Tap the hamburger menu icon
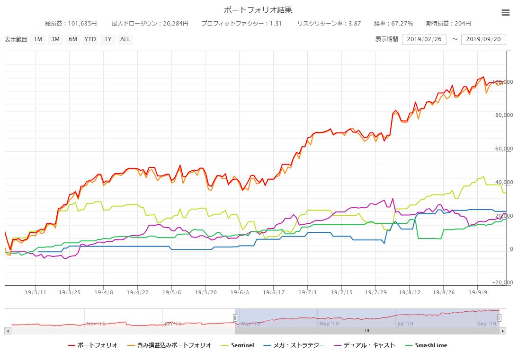point(506,13)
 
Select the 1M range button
point(38,39)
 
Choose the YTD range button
point(90,39)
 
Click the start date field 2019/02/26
point(424,39)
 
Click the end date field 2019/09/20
point(483,39)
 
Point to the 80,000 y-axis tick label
point(502,115)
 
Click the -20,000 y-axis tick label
point(501,283)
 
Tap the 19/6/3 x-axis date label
point(240,293)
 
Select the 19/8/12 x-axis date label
point(410,293)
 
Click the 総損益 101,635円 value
point(71,23)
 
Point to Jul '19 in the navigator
point(405,324)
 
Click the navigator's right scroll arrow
point(503,331)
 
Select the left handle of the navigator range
point(235,318)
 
